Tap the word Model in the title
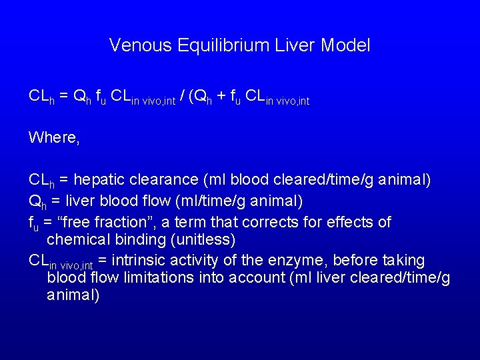(345, 45)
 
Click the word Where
(53, 137)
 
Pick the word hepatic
(98, 180)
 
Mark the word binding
(134, 239)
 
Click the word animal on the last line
(73, 295)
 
